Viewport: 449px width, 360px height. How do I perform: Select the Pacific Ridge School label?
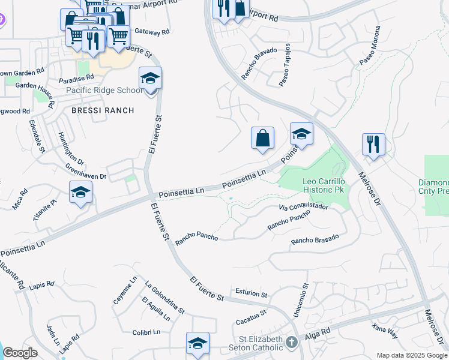tap(104, 91)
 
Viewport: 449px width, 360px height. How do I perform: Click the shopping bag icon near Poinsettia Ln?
tap(262, 139)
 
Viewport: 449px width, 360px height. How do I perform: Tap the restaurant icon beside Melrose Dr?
tap(373, 145)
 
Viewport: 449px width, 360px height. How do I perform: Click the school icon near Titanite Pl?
tap(80, 192)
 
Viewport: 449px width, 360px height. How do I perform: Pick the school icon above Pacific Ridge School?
tap(150, 78)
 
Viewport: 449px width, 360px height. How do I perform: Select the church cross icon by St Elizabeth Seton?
tap(291, 343)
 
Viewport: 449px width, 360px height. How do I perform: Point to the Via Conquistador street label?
tap(304, 207)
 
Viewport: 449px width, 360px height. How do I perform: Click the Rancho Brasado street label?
tap(315, 239)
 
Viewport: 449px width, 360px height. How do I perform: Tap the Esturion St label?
tap(252, 295)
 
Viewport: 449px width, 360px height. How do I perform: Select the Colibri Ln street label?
tap(146, 332)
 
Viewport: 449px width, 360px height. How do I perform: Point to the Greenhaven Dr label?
tap(86, 173)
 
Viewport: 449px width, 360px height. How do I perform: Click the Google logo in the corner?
tap(20, 353)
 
